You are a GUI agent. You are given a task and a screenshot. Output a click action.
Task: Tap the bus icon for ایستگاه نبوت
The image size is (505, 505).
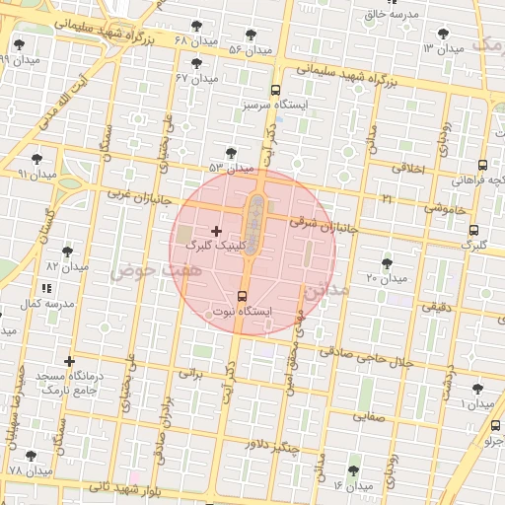coord(243,296)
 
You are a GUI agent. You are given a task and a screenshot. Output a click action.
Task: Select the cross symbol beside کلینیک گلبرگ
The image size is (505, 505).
coord(217,231)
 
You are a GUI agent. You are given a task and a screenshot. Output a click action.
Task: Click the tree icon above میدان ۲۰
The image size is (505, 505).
coord(386,262)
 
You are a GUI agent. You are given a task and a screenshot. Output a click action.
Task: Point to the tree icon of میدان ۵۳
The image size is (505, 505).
coord(231,153)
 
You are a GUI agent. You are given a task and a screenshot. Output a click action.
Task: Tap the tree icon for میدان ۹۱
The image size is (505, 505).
coord(36,158)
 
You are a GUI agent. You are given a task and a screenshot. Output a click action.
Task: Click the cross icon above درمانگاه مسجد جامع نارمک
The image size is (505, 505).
coord(69,361)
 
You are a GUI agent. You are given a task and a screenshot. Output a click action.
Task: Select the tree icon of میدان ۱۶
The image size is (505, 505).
coord(353,470)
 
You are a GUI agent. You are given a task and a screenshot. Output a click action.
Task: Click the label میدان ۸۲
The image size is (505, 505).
coord(67,266)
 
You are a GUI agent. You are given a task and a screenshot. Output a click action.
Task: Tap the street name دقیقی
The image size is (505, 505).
coord(437,307)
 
